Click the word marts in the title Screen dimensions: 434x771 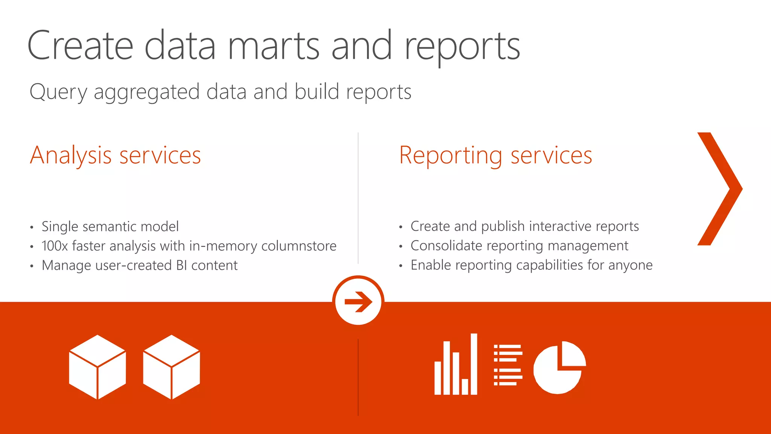(x=274, y=46)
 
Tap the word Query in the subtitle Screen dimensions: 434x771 (x=58, y=92)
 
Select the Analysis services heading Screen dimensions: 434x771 (x=115, y=155)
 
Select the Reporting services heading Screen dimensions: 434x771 (x=495, y=155)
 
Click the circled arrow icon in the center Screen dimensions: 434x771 (x=358, y=301)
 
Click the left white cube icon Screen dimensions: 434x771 (x=98, y=367)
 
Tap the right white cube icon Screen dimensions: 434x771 (x=172, y=367)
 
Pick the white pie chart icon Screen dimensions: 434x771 (x=559, y=367)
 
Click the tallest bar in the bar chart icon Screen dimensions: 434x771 (x=474, y=364)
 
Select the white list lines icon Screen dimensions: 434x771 (x=508, y=365)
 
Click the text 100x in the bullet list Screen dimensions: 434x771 (x=55, y=246)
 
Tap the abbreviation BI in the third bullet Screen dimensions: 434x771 (x=181, y=266)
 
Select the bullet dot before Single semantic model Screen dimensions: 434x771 (x=32, y=227)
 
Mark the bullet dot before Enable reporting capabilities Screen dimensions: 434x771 (x=401, y=266)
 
